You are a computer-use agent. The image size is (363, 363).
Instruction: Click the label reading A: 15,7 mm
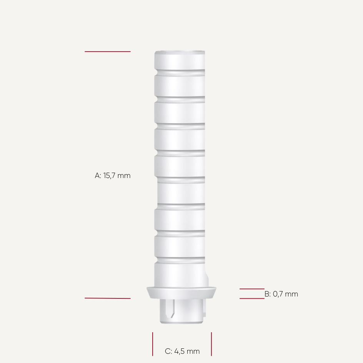[113, 176]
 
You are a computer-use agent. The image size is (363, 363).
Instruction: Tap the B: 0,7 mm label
[281, 294]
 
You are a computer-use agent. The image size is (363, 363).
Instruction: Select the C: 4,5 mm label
[182, 351]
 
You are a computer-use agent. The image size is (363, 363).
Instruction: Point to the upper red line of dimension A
[108, 52]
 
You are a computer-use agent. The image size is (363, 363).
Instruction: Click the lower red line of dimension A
[108, 298]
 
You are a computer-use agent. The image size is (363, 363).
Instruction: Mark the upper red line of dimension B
[252, 289]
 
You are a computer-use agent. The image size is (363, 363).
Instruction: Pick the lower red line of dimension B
[252, 298]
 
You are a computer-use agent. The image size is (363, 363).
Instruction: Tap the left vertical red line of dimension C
[153, 344]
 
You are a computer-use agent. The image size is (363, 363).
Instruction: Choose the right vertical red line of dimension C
[211, 344]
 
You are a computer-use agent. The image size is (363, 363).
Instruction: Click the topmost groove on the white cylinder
[180, 72]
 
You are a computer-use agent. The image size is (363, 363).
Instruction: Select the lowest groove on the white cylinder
[180, 260]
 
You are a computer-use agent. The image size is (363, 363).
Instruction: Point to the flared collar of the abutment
[181, 292]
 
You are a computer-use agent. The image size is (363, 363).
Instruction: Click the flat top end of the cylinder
[180, 52]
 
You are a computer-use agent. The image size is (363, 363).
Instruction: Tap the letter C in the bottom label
[168, 351]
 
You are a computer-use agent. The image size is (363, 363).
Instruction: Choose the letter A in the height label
[97, 176]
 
